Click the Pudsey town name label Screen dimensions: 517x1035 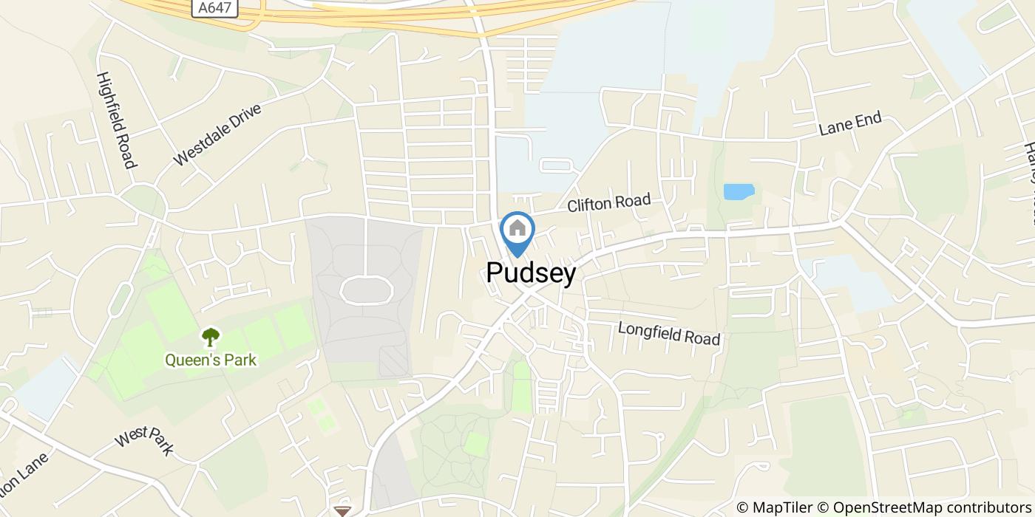(531, 273)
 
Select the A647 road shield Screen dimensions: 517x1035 (214, 8)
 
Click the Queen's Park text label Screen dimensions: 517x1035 (211, 360)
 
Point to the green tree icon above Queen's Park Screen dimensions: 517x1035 (211, 338)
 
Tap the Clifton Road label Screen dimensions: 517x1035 (609, 203)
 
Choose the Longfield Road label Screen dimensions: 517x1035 (669, 333)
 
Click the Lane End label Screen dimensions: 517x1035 (850, 124)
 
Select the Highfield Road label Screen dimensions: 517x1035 (117, 120)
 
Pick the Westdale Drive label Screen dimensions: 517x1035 (218, 134)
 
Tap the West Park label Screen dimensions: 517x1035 (144, 441)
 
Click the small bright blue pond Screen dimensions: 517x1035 (739, 192)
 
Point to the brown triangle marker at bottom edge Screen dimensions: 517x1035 (342, 510)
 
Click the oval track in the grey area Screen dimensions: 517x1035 (366, 290)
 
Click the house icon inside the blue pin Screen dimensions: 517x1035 (517, 228)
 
